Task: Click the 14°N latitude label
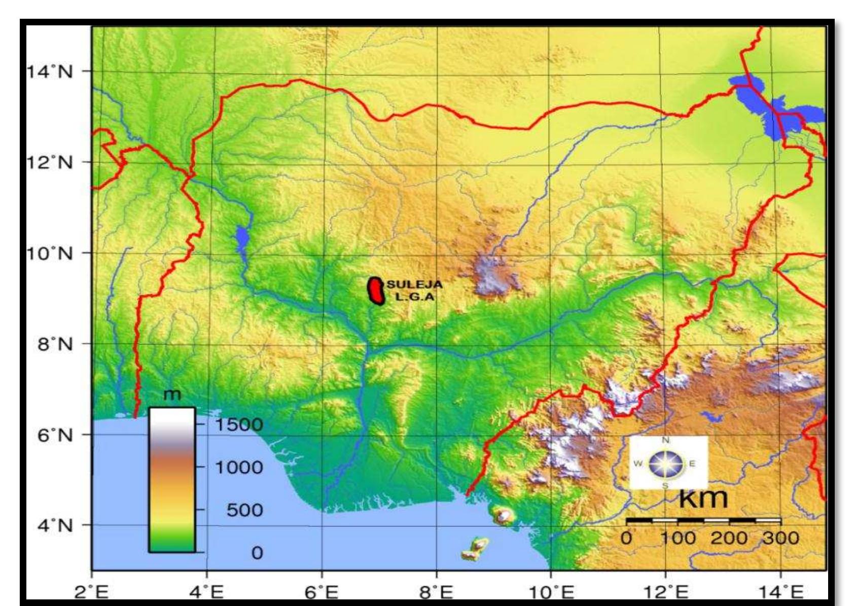click(49, 72)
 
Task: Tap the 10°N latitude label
click(49, 253)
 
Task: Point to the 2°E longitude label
click(91, 592)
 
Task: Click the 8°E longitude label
click(436, 592)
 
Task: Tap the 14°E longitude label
click(780, 592)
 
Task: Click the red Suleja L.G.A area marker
click(376, 291)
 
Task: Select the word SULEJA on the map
click(414, 285)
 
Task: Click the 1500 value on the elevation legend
click(239, 424)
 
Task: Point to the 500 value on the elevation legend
click(244, 510)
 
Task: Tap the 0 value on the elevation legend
click(257, 552)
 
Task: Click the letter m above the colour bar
click(172, 395)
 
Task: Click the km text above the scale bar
click(703, 498)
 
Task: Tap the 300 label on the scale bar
click(780, 538)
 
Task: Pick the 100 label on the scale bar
click(678, 538)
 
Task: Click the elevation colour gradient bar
click(172, 480)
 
